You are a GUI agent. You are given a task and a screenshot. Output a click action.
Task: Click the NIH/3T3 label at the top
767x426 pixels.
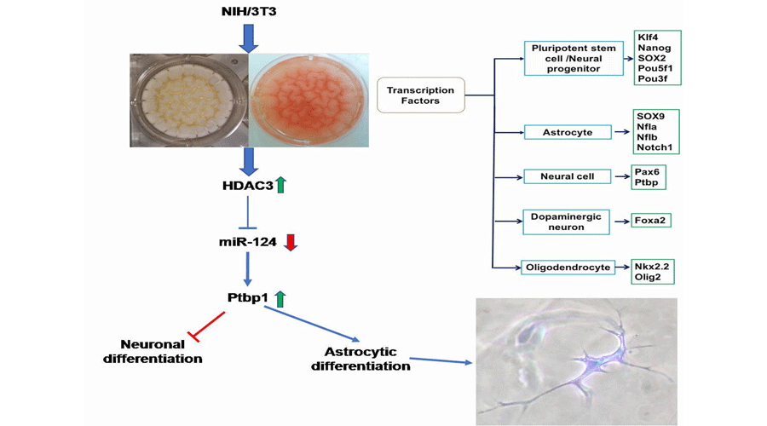point(248,11)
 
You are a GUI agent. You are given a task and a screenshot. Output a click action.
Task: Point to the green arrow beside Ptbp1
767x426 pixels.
point(280,298)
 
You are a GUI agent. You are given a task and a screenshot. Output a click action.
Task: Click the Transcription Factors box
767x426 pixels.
point(420,95)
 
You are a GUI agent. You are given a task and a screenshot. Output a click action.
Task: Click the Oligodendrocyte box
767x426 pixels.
point(567,267)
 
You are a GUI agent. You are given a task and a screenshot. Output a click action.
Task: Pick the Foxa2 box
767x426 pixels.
point(649,221)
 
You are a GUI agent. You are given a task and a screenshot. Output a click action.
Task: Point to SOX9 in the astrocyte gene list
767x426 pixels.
point(650,114)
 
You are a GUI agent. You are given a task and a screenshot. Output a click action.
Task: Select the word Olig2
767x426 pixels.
point(649,277)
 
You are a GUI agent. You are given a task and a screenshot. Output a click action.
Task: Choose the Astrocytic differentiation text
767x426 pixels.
point(360,359)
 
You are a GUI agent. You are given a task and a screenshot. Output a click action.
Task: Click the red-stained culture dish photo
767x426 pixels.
point(309,100)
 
